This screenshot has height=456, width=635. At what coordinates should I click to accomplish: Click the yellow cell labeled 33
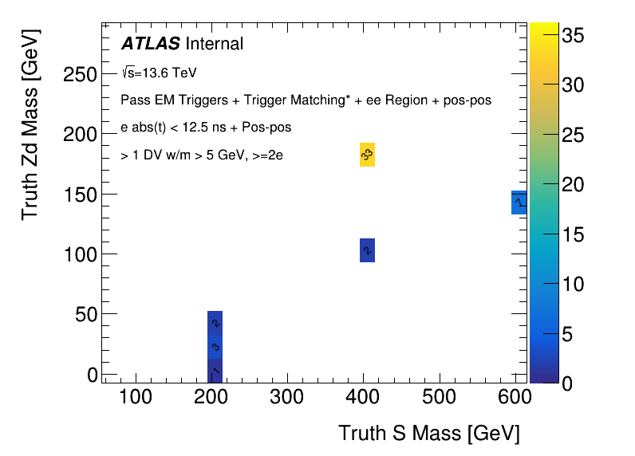(367, 154)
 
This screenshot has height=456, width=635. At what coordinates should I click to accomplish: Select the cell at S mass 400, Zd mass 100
(367, 250)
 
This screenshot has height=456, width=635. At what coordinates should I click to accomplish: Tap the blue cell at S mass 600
(519, 202)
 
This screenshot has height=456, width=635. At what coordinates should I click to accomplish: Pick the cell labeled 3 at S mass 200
(215, 347)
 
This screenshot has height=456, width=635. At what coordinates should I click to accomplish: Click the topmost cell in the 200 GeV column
(215, 322)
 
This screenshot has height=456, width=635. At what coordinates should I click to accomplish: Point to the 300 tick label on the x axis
(286, 396)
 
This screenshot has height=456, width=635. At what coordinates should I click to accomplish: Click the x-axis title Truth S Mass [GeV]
(429, 433)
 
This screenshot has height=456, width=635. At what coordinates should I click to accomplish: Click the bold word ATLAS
(150, 44)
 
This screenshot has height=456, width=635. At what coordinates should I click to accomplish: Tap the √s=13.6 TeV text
(159, 73)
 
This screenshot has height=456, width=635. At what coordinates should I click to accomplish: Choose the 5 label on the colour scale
(567, 334)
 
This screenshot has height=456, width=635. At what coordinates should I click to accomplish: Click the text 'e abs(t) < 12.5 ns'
(172, 128)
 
